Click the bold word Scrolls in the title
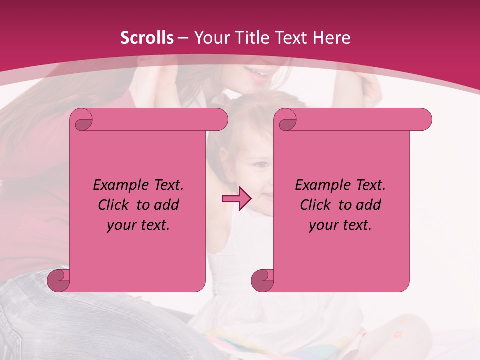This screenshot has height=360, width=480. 147,38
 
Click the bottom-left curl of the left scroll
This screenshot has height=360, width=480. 59,280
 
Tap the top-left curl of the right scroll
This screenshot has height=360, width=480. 286,120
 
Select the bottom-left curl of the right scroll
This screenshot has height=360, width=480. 262,280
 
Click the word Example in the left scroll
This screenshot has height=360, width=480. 118,185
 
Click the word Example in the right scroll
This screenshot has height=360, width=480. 320,185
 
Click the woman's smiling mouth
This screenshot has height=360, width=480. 259,74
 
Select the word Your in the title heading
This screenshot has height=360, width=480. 209,38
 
